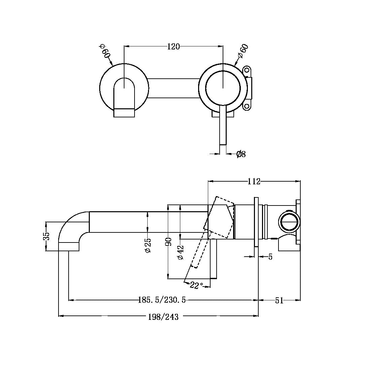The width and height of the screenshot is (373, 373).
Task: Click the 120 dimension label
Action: coord(174,47)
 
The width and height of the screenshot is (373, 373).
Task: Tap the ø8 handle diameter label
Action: coord(241,154)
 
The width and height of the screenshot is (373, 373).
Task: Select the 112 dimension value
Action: coord(254,182)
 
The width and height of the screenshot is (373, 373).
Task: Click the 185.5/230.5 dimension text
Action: coord(162,300)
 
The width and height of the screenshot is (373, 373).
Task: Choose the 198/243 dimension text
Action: coord(163,316)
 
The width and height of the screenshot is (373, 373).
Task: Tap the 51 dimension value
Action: coord(279,300)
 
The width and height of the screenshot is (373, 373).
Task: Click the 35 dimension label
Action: coord(47,236)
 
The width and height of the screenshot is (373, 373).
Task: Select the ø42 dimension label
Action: coord(181,252)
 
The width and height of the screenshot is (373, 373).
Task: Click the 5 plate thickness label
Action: coord(270,257)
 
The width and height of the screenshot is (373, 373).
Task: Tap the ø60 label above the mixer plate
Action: coord(243,52)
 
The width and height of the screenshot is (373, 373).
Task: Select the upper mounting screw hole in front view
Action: coord(247,70)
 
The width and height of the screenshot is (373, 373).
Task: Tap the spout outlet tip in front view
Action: coord(124,113)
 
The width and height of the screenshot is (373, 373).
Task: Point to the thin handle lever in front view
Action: coord(223,128)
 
